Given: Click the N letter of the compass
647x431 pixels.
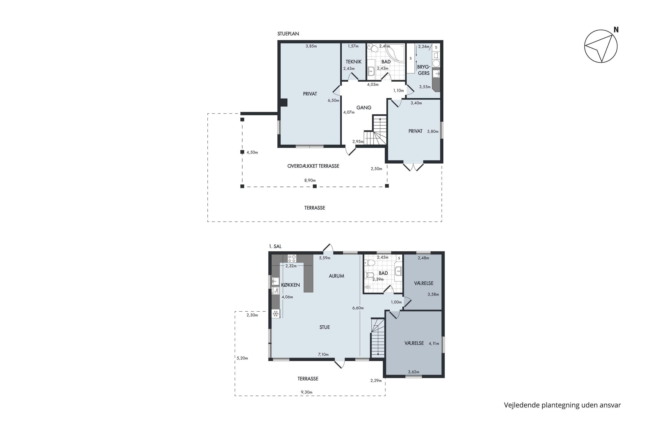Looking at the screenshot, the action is pos(616,30).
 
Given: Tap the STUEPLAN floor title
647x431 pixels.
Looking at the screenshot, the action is pos(288,34).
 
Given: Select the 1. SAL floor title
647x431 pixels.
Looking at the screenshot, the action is pos(275,247).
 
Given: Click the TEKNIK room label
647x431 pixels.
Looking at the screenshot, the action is pos(353,62).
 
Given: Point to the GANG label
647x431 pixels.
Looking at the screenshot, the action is pos(364,108).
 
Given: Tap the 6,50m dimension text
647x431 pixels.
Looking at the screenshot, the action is pos(333,101).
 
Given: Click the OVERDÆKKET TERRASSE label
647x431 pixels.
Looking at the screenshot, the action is pos(313,166).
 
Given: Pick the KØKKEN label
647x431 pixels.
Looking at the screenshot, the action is pos(291,285).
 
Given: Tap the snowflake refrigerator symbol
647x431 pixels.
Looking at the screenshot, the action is pos(276,314).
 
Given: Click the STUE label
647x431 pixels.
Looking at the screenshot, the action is pos(325,327).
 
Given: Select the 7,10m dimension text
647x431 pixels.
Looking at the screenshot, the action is pos(323,354).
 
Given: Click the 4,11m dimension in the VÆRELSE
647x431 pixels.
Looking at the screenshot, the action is pos(434,344).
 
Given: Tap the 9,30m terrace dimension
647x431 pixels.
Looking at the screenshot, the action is pos(306,392).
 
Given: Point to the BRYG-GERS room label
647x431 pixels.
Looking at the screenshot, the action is pos(424,70).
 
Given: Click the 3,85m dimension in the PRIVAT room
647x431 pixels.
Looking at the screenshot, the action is pos(311,46).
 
